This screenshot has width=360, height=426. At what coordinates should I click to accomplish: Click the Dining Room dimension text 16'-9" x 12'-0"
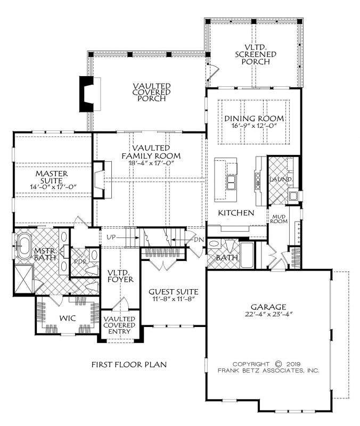coord(254,126)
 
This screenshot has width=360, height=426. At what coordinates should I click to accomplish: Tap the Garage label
coord(268,307)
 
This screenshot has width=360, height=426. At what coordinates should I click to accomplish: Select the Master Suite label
coord(52,177)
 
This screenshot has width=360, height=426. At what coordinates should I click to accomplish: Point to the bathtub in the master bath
coord(23,247)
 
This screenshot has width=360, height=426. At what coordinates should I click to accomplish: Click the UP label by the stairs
coord(111,237)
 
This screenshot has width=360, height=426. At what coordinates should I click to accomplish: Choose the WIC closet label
coord(68,318)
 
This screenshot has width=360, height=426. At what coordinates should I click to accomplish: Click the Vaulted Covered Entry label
coord(119,325)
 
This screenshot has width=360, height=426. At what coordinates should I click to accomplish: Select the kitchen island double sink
coord(232,182)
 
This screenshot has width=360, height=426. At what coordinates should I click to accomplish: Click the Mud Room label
coord(279,219)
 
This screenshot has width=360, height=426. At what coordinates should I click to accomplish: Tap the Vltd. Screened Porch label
coord(256,54)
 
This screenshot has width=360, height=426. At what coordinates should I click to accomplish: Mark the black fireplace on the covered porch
coord(86,94)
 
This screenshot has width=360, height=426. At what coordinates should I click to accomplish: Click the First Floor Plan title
coord(129,364)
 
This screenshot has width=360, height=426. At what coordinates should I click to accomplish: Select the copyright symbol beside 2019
coord(278,364)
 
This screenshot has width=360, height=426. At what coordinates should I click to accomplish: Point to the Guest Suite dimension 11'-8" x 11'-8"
coord(174,299)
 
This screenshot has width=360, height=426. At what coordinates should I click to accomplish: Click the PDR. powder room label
coord(80,262)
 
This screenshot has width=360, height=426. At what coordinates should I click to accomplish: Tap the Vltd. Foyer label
coord(120,276)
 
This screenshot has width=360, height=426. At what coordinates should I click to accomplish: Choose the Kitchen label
coord(236,212)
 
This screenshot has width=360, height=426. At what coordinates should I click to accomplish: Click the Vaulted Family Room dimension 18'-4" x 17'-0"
coord(151,163)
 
